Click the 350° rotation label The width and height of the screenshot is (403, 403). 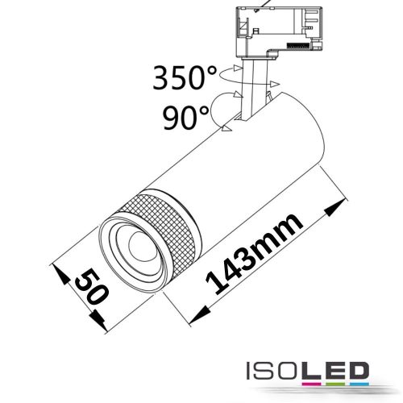coord(185,77)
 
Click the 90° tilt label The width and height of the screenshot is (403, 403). coord(185,118)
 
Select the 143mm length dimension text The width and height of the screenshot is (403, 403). coord(254,255)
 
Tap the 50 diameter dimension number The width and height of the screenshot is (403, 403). coord(92,287)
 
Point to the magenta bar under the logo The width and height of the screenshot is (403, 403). coord(311,384)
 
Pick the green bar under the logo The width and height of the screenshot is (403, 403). coord(335,384)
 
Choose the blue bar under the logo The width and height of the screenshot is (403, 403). coord(359,384)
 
